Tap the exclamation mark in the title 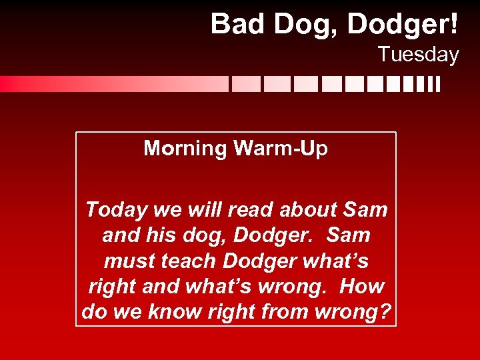(453, 24)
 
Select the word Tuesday (419, 54)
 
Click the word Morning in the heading (185, 148)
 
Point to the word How (362, 287)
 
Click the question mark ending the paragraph (385, 312)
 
